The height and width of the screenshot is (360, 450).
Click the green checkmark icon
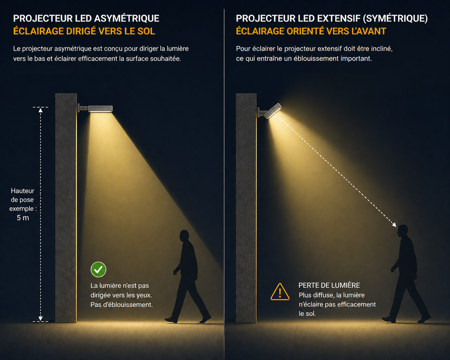(98, 270)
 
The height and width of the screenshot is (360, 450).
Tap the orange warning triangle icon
(280, 292)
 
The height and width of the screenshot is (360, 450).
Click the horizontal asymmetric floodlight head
(100, 109)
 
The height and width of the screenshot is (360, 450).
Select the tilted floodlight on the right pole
(273, 111)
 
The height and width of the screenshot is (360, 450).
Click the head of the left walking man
(184, 236)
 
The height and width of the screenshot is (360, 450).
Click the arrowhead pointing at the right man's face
(394, 225)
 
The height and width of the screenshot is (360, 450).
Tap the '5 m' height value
(23, 218)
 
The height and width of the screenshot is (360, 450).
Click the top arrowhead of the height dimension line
(40, 110)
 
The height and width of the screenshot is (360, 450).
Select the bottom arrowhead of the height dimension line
(40, 318)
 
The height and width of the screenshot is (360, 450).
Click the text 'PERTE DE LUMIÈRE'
(329, 285)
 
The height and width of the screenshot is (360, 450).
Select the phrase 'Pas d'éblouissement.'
(121, 304)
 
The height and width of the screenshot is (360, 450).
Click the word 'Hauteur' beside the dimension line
(22, 191)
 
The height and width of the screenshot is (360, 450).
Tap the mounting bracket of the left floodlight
(82, 108)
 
